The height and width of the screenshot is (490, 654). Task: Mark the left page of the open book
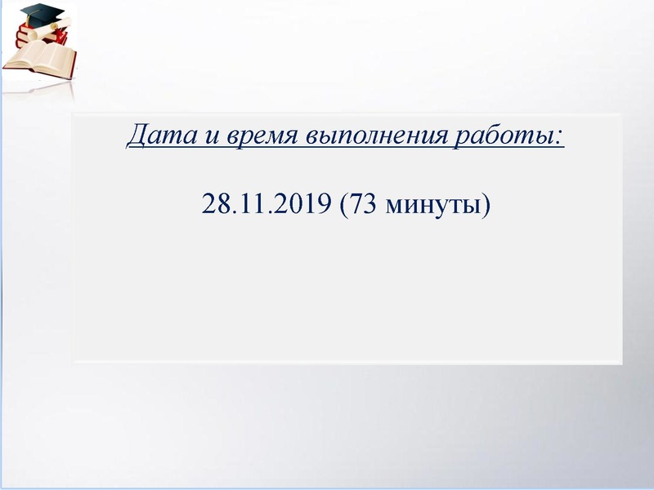pyautogui.click(x=29, y=58)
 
